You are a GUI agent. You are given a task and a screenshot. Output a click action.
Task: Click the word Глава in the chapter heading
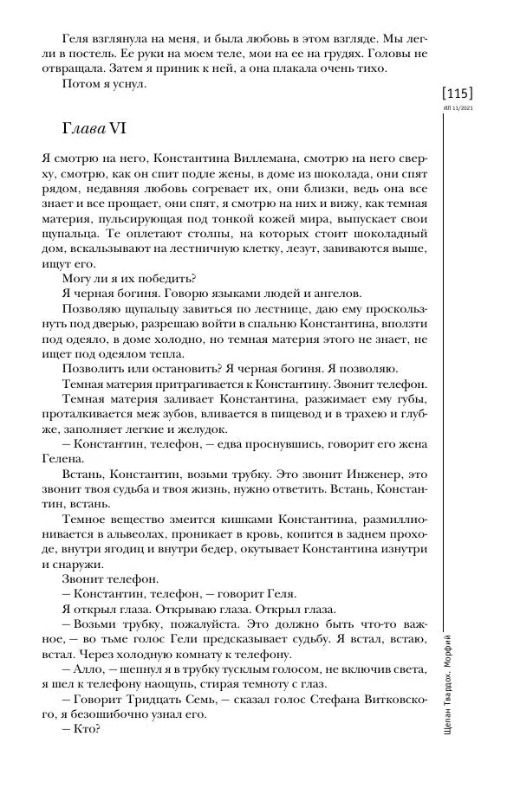(83, 128)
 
